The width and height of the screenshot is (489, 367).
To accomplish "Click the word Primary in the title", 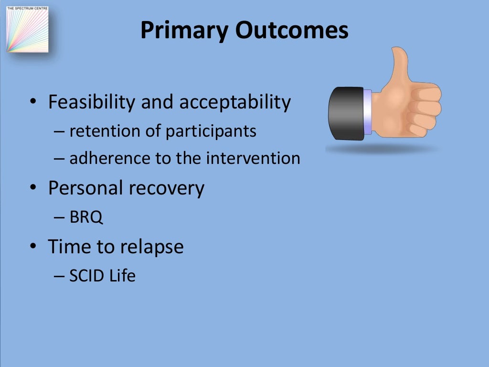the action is pyautogui.click(x=184, y=31).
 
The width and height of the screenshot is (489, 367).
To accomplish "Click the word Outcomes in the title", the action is pyautogui.click(x=292, y=30).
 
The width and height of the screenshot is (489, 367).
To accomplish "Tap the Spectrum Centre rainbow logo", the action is pyautogui.click(x=27, y=29).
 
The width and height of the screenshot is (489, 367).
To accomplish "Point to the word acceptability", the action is pyautogui.click(x=235, y=102).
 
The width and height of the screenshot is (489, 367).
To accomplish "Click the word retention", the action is pyautogui.click(x=104, y=131).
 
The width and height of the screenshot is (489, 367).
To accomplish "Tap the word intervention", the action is pyautogui.click(x=253, y=158).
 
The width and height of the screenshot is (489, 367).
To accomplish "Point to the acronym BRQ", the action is pyautogui.click(x=86, y=217).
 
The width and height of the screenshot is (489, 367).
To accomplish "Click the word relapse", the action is pyautogui.click(x=152, y=247).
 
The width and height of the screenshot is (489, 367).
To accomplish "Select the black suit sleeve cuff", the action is pyautogui.click(x=346, y=113).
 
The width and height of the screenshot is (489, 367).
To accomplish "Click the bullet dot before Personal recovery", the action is pyautogui.click(x=33, y=187).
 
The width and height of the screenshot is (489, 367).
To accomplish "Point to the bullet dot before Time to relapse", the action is pyautogui.click(x=33, y=246).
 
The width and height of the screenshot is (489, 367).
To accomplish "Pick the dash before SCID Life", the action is pyautogui.click(x=59, y=276).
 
